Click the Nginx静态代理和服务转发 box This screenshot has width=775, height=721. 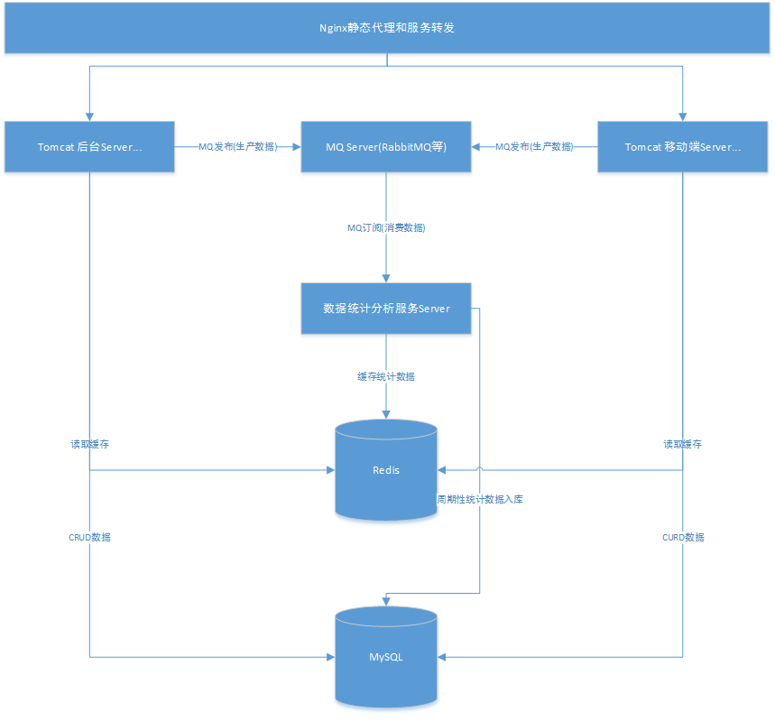pos(387,28)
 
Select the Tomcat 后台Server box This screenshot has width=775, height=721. pos(89,146)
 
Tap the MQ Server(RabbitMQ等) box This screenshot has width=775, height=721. pos(386,146)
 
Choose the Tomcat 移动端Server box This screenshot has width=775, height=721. pos(683,146)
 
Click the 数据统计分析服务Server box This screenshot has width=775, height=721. pos(386,309)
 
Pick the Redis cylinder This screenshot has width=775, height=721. pos(386,471)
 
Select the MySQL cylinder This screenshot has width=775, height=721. pos(386,657)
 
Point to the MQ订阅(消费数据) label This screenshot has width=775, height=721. pos(386,228)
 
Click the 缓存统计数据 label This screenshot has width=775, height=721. pos(386,376)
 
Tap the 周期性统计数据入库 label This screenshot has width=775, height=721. pos(479,499)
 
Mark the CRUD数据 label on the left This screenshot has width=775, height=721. pos(90,537)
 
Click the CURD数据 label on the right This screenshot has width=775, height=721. pos(683,537)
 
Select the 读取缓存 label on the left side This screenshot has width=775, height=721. pos(90,444)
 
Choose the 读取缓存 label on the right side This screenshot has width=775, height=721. pos(683,444)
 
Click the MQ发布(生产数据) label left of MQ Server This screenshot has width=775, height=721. pos(237,146)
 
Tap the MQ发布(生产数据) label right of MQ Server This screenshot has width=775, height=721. pos(534,146)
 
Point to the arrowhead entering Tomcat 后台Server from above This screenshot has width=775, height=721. pos(89,116)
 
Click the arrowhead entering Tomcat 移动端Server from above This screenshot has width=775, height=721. pos(683,116)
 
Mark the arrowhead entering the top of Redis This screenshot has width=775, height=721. pos(386,412)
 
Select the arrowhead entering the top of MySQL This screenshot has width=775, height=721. pos(386,600)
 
